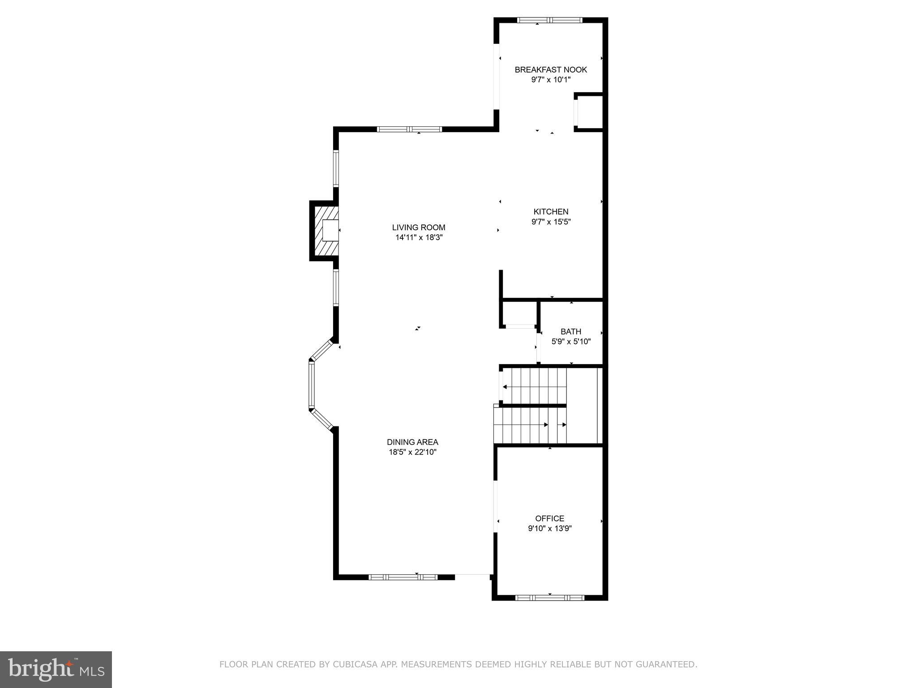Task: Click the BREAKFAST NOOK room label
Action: pyautogui.click(x=550, y=69)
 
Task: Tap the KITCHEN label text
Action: pyautogui.click(x=551, y=211)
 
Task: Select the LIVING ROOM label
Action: pyautogui.click(x=419, y=228)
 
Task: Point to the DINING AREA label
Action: pyautogui.click(x=412, y=442)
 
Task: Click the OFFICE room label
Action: pyautogui.click(x=549, y=518)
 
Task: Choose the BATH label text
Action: pyautogui.click(x=571, y=331)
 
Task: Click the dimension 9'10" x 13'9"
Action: pyautogui.click(x=549, y=529)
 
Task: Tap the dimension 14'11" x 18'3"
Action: pyautogui.click(x=419, y=238)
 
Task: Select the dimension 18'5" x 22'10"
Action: pyautogui.click(x=412, y=452)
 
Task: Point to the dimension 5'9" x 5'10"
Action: pyautogui.click(x=571, y=342)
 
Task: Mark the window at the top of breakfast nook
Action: pyautogui.click(x=549, y=20)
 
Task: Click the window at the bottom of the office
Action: pyautogui.click(x=549, y=597)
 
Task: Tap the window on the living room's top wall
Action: pyautogui.click(x=409, y=129)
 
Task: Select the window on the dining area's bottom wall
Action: pyautogui.click(x=403, y=577)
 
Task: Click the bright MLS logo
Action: pyautogui.click(x=56, y=669)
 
